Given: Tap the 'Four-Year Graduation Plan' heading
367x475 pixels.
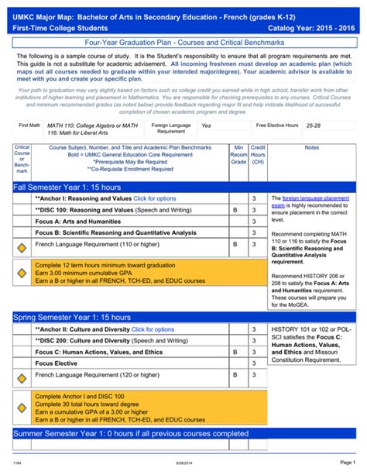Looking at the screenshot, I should (183, 43).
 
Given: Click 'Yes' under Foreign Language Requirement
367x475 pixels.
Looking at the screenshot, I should (206, 125).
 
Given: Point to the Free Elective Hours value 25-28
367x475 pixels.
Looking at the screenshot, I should (314, 125).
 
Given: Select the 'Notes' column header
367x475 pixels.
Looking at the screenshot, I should (312, 147).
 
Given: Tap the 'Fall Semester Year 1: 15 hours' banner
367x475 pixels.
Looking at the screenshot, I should (67, 188).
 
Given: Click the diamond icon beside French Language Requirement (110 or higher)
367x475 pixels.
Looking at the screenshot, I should (22, 247).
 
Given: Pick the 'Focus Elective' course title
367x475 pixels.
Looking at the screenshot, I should (57, 363).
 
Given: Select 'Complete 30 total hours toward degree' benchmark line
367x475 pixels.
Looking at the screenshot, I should (87, 404).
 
